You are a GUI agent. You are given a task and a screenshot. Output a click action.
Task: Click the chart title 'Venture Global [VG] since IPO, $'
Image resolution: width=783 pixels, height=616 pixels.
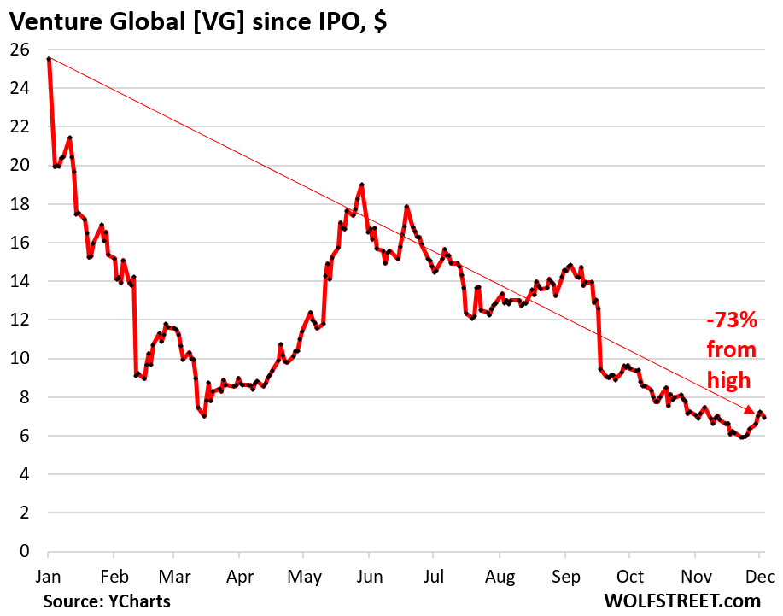point(198,21)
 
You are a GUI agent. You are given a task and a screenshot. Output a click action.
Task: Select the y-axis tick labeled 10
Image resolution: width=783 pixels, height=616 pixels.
point(20,358)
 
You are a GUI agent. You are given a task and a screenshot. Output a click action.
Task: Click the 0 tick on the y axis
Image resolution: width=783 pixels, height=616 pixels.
point(24,551)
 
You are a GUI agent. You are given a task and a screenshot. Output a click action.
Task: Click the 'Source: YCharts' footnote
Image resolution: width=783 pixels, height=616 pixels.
point(107,601)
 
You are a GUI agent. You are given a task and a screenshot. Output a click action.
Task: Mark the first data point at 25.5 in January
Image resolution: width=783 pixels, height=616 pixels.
point(49,58)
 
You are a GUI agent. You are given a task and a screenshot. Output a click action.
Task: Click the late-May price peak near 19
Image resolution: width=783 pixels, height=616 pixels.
point(362,185)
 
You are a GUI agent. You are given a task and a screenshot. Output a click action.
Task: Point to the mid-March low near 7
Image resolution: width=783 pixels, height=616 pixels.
point(204,416)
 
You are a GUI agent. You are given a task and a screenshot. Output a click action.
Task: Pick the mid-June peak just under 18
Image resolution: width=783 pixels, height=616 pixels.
point(406,207)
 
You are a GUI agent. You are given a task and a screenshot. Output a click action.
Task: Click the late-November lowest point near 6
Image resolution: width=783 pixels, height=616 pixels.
point(742,437)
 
